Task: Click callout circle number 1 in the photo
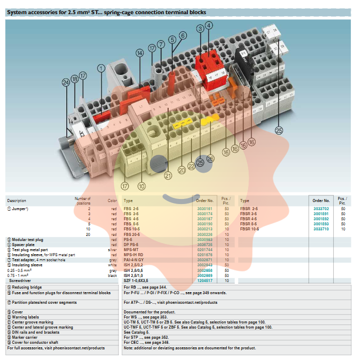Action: [101, 68]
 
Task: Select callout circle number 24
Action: [65, 83]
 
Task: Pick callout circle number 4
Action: [209, 25]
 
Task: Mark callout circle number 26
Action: [211, 158]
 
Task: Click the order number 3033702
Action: [321, 209]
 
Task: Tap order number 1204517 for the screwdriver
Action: [205, 280]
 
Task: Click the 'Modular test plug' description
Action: [29, 239]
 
